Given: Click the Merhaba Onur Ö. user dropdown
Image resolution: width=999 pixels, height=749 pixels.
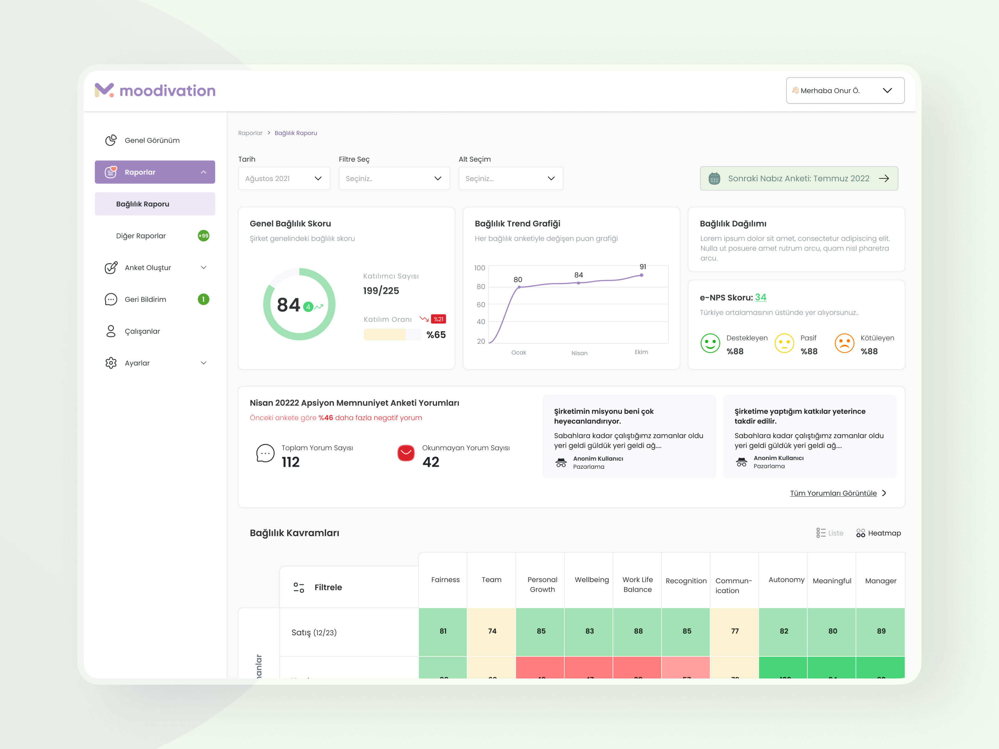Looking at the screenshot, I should [844, 90].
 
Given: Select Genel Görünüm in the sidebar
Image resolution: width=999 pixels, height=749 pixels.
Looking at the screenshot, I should [152, 140].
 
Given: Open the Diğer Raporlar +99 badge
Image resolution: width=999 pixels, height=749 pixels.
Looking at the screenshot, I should [203, 236].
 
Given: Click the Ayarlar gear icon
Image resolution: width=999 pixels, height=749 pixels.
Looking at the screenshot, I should [111, 363].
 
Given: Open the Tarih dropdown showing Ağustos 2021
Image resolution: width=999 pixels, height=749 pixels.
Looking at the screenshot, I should [283, 178].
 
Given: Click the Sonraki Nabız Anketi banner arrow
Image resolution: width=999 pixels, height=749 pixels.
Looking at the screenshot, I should [884, 178].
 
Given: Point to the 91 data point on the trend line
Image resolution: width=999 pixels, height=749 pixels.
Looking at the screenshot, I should [641, 275].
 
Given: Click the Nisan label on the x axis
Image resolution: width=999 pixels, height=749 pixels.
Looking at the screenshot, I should [579, 353].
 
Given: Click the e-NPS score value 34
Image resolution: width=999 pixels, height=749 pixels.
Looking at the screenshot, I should [760, 297].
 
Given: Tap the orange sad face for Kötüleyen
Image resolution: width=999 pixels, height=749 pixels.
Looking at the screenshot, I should [844, 343].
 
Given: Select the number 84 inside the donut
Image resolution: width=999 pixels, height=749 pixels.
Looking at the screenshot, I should [288, 305].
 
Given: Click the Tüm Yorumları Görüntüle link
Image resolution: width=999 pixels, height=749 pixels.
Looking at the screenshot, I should [833, 493].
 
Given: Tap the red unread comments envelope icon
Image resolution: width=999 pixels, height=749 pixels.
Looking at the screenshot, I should [406, 453].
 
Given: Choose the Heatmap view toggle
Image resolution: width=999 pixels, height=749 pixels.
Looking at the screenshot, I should [878, 533].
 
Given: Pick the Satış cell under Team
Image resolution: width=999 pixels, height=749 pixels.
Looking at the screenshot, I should [492, 631].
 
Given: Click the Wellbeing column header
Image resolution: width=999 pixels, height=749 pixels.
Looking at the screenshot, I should [592, 580].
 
